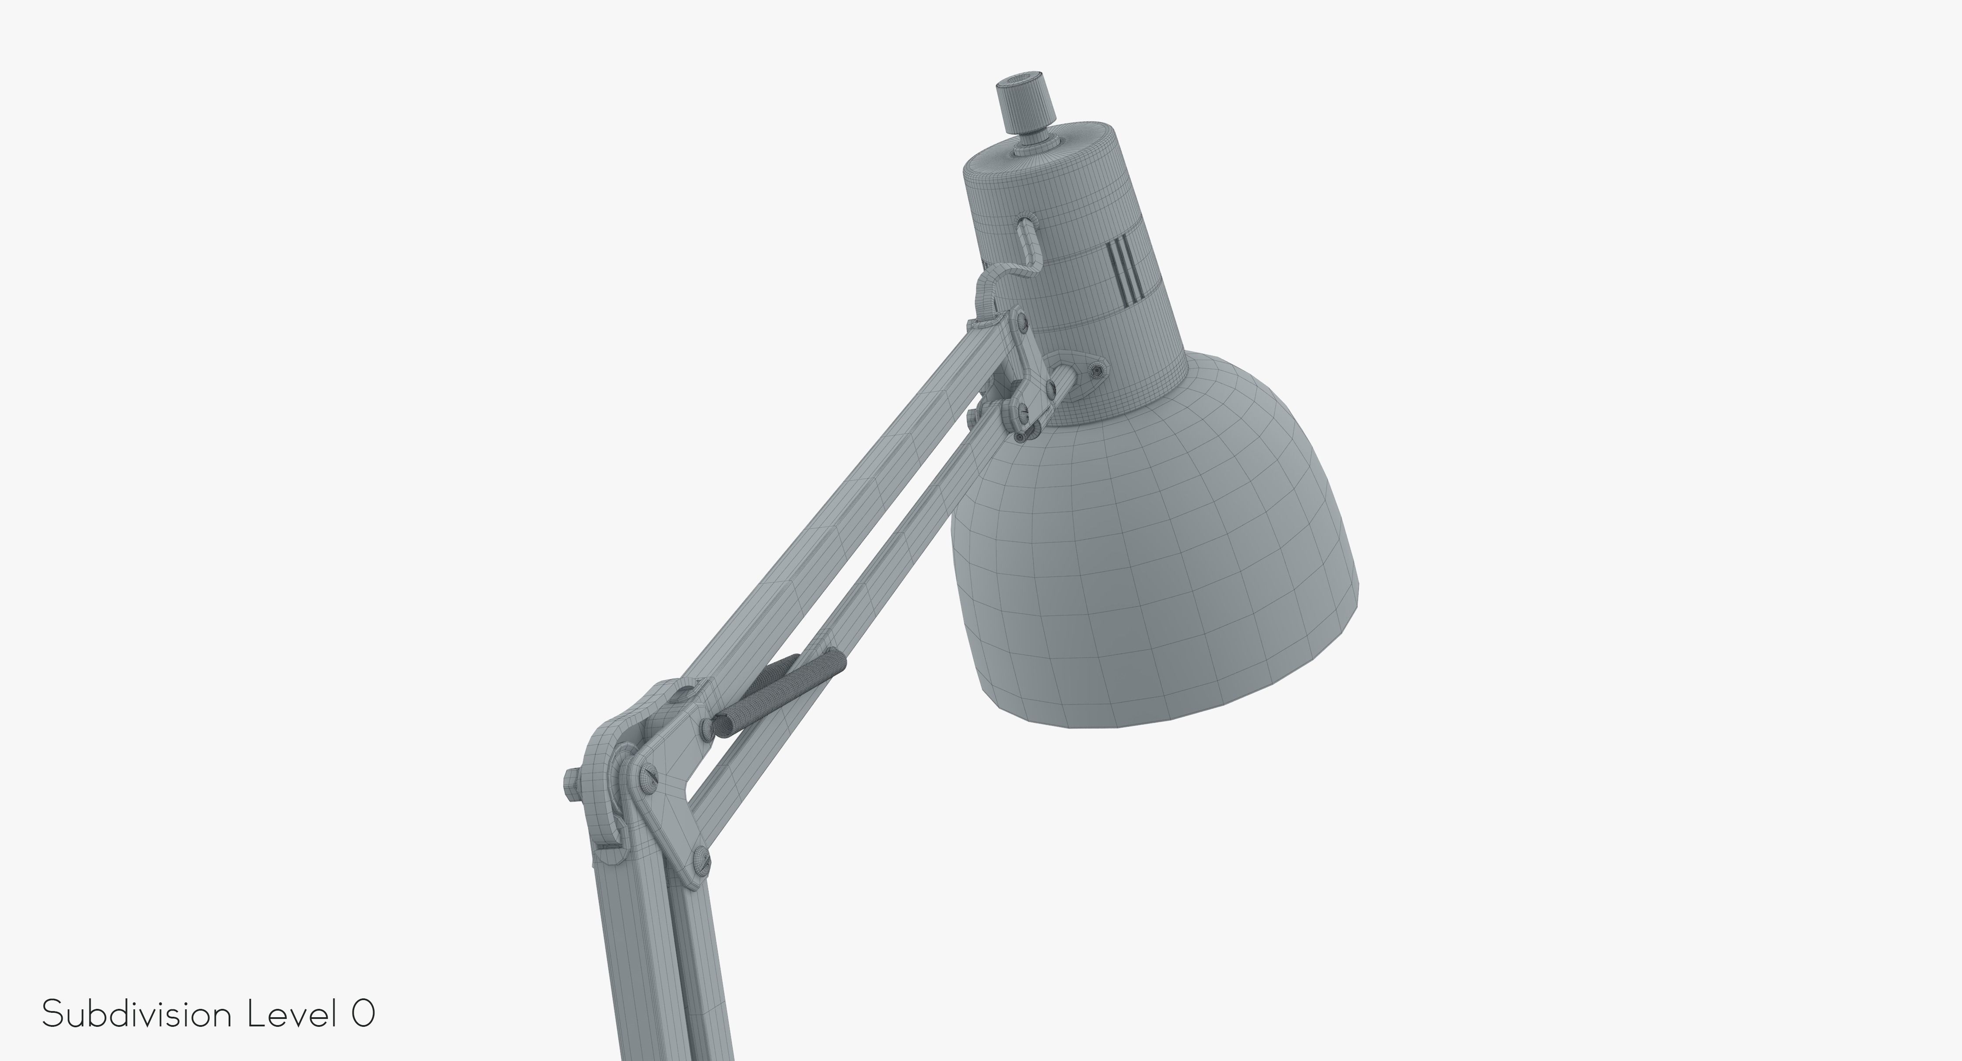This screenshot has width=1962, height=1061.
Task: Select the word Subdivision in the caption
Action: (137, 1015)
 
